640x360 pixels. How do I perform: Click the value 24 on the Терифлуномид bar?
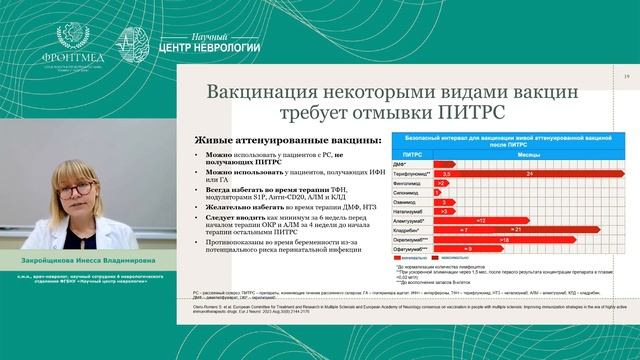click(530, 173)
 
